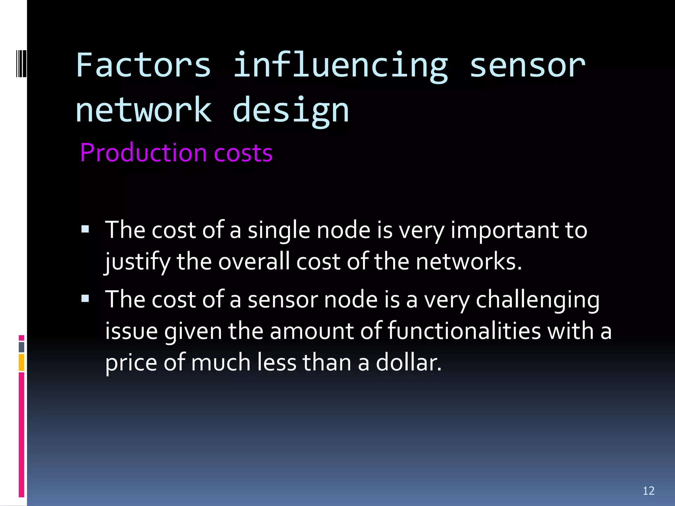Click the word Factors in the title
click(x=143, y=65)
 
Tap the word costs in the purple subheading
click(x=243, y=154)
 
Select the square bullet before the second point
click(x=85, y=299)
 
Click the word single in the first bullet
click(x=279, y=231)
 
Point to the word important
click(x=505, y=231)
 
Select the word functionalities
click(x=464, y=331)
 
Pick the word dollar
click(x=408, y=362)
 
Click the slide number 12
click(x=648, y=491)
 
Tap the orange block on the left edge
click(x=21, y=362)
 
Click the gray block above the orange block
click(x=21, y=347)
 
